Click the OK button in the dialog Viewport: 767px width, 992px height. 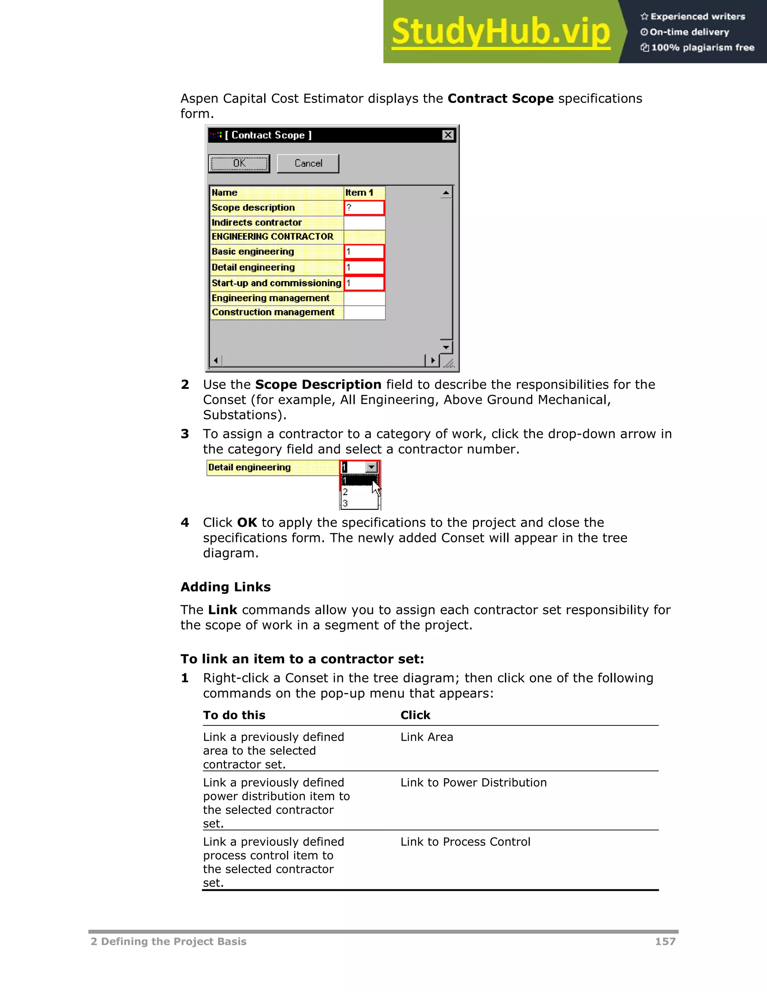[239, 164]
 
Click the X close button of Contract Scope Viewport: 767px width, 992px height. [448, 135]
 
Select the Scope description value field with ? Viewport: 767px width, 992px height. [364, 208]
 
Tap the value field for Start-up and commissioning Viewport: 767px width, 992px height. [364, 283]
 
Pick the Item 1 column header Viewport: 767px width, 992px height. [364, 192]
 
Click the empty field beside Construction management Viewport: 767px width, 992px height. [364, 313]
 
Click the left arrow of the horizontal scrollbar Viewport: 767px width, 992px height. [216, 360]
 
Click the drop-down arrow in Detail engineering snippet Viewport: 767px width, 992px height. [371, 467]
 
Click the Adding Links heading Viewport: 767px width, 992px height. [225, 587]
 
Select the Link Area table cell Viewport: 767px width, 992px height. [427, 737]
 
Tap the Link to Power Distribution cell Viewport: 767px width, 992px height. [473, 782]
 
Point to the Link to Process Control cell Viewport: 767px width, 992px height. [465, 842]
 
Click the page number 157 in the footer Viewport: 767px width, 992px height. [665, 941]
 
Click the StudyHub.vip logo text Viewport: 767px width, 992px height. [500, 32]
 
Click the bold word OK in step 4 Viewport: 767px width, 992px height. [247, 522]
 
